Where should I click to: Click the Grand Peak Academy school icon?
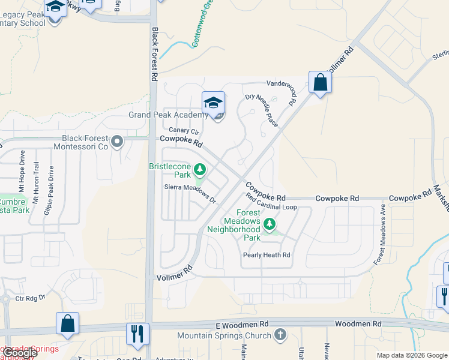tap(213, 103)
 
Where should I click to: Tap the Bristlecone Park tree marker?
tap(200, 170)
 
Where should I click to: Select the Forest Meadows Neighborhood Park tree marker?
tap(270, 224)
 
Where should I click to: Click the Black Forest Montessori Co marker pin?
tap(117, 142)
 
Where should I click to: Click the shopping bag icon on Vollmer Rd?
tap(320, 82)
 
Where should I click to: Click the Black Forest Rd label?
tap(154, 54)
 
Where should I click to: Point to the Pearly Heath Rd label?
tap(267, 255)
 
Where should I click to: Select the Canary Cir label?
tap(183, 130)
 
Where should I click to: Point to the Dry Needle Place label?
tap(262, 109)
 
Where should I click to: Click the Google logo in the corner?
tap(19, 353)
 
